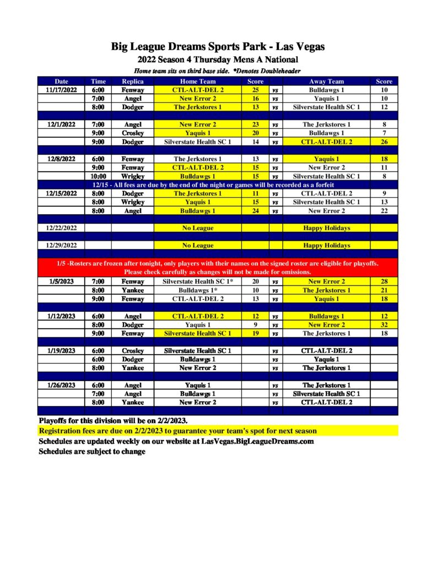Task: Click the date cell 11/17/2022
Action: pyautogui.click(x=61, y=90)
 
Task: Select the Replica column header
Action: pyautogui.click(x=132, y=82)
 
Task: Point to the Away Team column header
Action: pyautogui.click(x=326, y=82)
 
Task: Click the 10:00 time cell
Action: pyautogui.click(x=98, y=176)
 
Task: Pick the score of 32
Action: pyautogui.click(x=384, y=325)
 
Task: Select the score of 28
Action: pyautogui.click(x=384, y=281)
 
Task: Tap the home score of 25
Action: pyautogui.click(x=255, y=90)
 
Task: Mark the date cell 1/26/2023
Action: pyautogui.click(x=61, y=385)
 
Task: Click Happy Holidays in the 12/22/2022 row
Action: pyautogui.click(x=326, y=228)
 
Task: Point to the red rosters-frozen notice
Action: pyautogui.click(x=217, y=268)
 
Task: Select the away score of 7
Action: pyautogui.click(x=384, y=133)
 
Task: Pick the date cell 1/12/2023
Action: pyautogui.click(x=61, y=316)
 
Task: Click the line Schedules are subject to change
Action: pyautogui.click(x=92, y=452)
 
